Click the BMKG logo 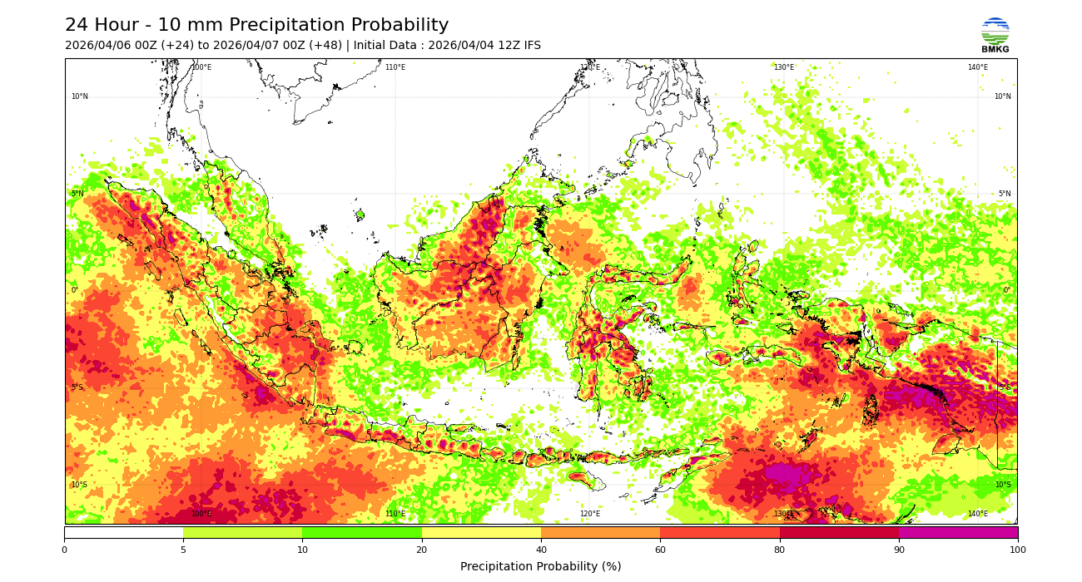995,34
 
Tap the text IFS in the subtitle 530,46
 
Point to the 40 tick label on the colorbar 541,550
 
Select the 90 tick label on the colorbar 899,550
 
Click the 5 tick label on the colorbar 183,550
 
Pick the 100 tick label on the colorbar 1017,550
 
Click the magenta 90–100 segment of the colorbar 958,532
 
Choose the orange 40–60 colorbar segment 600,532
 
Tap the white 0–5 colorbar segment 123,532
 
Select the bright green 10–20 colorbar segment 362,532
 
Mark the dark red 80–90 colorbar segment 839,532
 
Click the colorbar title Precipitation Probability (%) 541,566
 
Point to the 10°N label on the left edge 79,96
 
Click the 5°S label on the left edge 77,387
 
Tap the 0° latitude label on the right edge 1006,290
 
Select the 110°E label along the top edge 395,67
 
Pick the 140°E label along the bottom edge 978,514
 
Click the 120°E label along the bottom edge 589,514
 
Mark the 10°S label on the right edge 1003,485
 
